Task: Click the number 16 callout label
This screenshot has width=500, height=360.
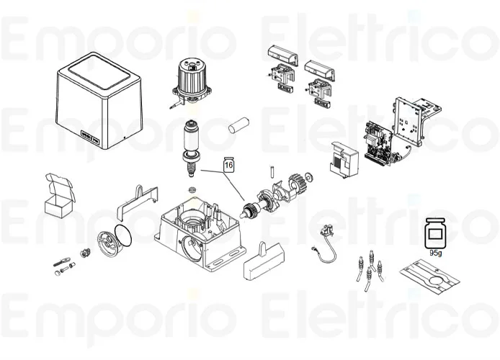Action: pos(229,165)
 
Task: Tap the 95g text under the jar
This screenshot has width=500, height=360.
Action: pos(435,253)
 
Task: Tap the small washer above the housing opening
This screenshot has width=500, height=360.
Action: pos(192,190)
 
